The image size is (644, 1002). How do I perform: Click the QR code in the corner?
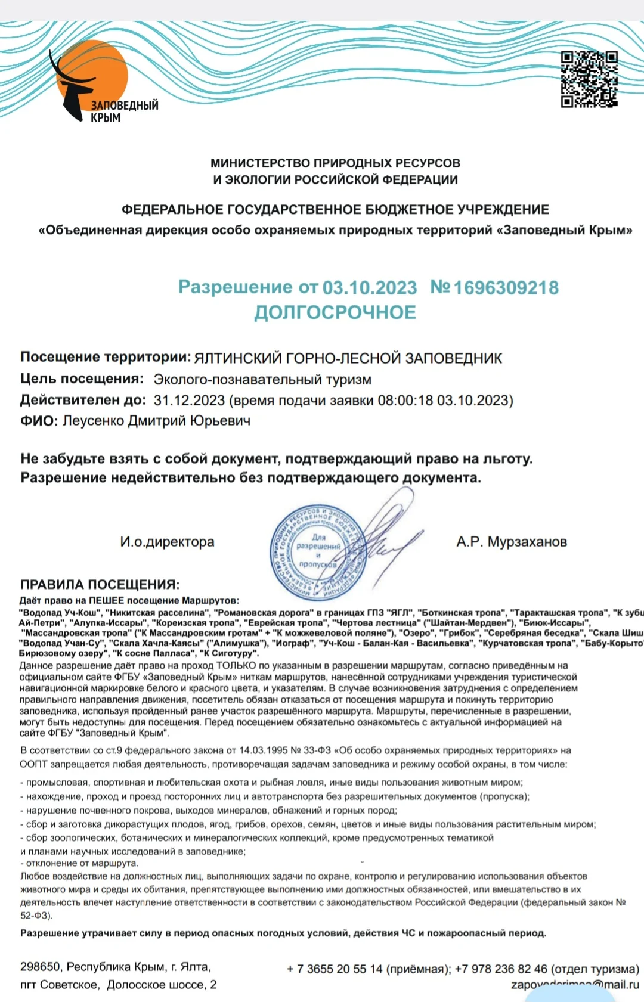click(589, 79)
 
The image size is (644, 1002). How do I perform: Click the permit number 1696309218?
click(506, 288)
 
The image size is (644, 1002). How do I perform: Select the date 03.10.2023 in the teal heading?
click(370, 288)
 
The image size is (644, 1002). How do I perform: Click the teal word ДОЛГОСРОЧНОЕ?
click(335, 312)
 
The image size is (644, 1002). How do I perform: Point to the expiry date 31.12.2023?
click(189, 400)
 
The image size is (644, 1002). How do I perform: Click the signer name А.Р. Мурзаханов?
click(512, 542)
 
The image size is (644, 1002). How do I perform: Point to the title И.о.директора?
click(167, 542)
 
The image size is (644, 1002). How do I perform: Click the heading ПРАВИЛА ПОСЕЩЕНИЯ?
click(100, 584)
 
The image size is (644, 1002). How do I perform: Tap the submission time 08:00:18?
click(405, 400)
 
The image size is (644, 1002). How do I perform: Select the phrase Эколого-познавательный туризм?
click(262, 379)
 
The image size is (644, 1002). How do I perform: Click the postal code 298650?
click(40, 966)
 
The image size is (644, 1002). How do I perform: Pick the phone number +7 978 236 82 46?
click(501, 969)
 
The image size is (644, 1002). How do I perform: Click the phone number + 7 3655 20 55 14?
click(335, 969)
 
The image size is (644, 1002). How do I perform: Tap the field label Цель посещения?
click(82, 379)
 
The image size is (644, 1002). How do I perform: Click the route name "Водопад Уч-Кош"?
click(59, 612)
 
